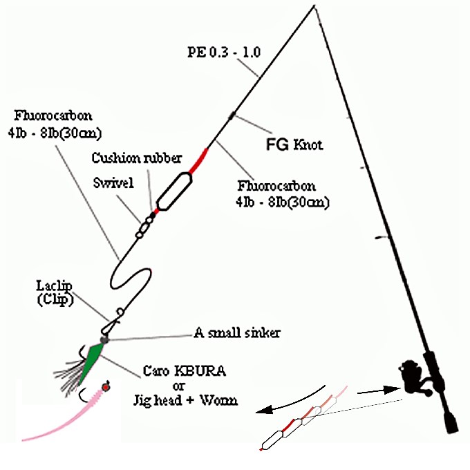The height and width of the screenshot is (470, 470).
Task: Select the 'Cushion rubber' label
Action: pyautogui.click(x=136, y=158)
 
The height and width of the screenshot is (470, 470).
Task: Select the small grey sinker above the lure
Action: pyautogui.click(x=104, y=340)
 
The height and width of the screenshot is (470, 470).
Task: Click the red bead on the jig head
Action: pyautogui.click(x=106, y=386)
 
